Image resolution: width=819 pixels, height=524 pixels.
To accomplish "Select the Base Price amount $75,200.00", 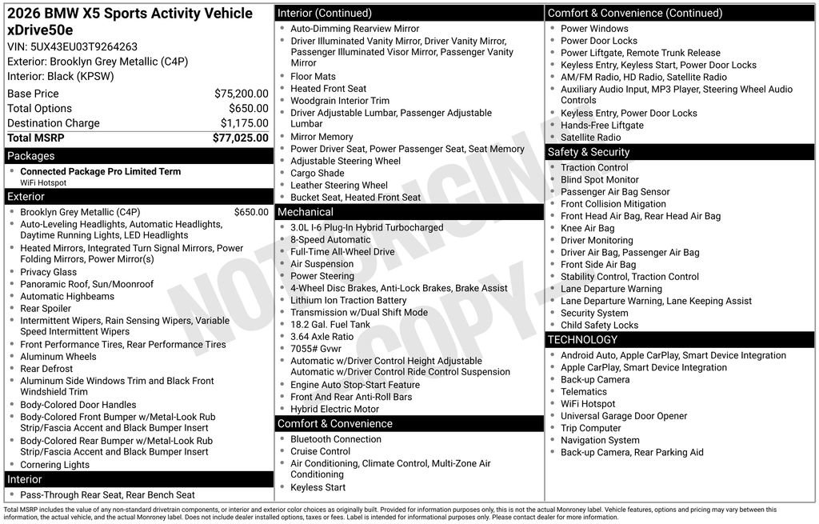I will tap(241, 94).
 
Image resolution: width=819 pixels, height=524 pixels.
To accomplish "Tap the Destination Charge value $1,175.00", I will tap(244, 123).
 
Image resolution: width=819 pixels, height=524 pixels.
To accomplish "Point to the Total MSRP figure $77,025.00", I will tap(240, 138).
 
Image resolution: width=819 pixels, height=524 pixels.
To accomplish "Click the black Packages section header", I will tap(138, 156).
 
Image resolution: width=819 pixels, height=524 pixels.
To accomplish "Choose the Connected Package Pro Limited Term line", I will tap(100, 171).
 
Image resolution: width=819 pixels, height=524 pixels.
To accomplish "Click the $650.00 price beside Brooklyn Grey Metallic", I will tap(251, 212).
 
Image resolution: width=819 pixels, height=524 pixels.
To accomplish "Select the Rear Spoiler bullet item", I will tap(46, 308).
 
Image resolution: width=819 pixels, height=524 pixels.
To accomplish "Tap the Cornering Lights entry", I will tap(54, 465).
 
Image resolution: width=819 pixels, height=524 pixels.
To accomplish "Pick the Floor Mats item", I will tap(313, 77).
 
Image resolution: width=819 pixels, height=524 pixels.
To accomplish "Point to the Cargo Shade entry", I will tap(317, 173).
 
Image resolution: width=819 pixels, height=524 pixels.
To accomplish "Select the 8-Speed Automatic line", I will tap(330, 239).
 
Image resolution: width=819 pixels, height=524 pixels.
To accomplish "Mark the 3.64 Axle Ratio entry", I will tap(322, 337).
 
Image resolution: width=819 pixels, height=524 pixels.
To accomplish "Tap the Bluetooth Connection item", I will tap(335, 439).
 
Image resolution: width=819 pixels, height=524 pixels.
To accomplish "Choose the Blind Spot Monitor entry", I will tap(599, 180).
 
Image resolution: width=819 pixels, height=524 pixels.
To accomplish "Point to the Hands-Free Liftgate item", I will tap(601, 126).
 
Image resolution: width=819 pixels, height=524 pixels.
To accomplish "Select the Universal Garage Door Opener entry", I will tap(624, 416).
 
